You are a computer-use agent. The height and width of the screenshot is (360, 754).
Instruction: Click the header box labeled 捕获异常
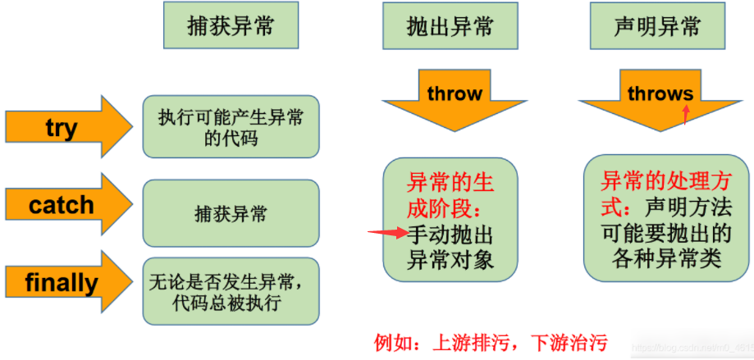[231, 25]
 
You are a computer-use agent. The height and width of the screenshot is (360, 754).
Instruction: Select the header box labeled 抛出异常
[450, 25]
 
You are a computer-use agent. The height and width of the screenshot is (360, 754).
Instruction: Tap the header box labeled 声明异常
[657, 25]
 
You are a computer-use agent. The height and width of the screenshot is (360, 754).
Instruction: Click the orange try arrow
[69, 127]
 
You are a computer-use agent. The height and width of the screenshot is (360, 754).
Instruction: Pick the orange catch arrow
[69, 205]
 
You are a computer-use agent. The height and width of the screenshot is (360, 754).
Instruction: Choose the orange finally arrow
[69, 283]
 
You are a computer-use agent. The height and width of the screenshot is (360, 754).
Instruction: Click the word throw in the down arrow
[455, 93]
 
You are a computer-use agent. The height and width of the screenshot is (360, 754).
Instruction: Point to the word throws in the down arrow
[660, 93]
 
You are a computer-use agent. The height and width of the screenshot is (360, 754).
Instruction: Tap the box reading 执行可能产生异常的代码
[231, 126]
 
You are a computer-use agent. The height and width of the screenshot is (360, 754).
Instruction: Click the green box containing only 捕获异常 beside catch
[231, 213]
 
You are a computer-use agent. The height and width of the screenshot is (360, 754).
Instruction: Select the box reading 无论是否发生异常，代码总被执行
[231, 291]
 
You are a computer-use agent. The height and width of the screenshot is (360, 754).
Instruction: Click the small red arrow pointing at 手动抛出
[388, 233]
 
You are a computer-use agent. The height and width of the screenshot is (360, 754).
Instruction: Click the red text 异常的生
[450, 184]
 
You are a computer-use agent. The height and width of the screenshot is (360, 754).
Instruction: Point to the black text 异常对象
[450, 260]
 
